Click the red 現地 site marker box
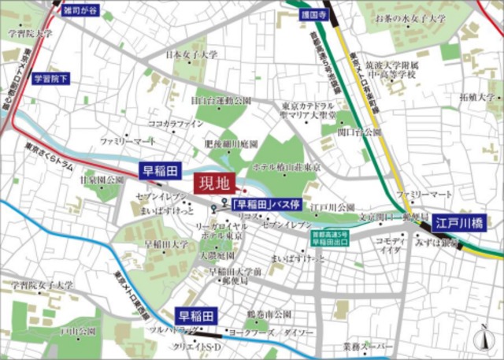tap(214, 185)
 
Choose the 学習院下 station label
tap(50, 79)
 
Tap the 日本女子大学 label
tap(191, 55)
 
